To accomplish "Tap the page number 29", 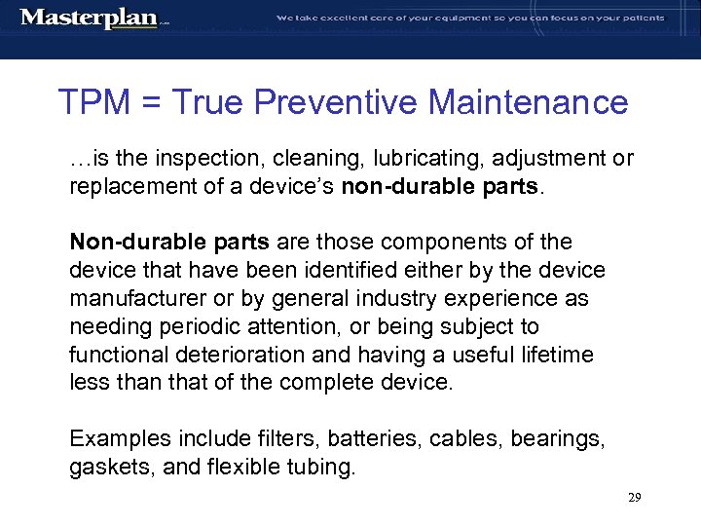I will click(634, 498).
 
